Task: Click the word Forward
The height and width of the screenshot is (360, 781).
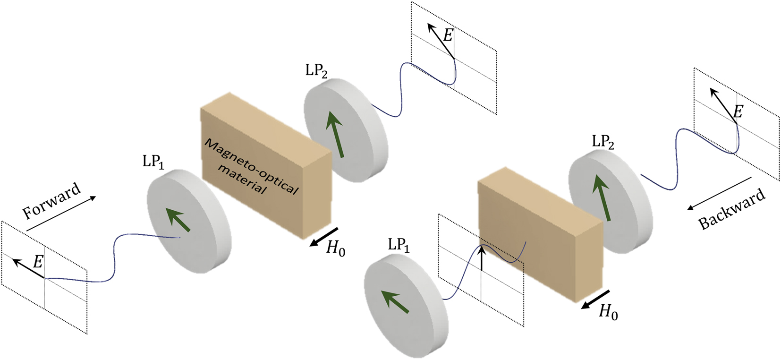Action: point(52,201)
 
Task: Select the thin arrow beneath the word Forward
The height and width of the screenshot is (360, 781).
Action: point(61,214)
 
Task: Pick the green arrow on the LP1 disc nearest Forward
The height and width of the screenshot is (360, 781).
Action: point(179,221)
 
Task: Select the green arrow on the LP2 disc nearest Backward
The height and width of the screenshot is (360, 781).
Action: point(602,197)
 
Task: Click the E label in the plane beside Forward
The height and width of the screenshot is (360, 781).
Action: point(37,261)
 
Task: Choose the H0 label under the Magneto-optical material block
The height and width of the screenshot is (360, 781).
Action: point(336,248)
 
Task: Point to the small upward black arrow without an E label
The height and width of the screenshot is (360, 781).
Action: point(481,257)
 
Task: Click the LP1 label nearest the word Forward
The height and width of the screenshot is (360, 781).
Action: point(153,162)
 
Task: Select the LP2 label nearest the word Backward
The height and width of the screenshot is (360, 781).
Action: point(603,142)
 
